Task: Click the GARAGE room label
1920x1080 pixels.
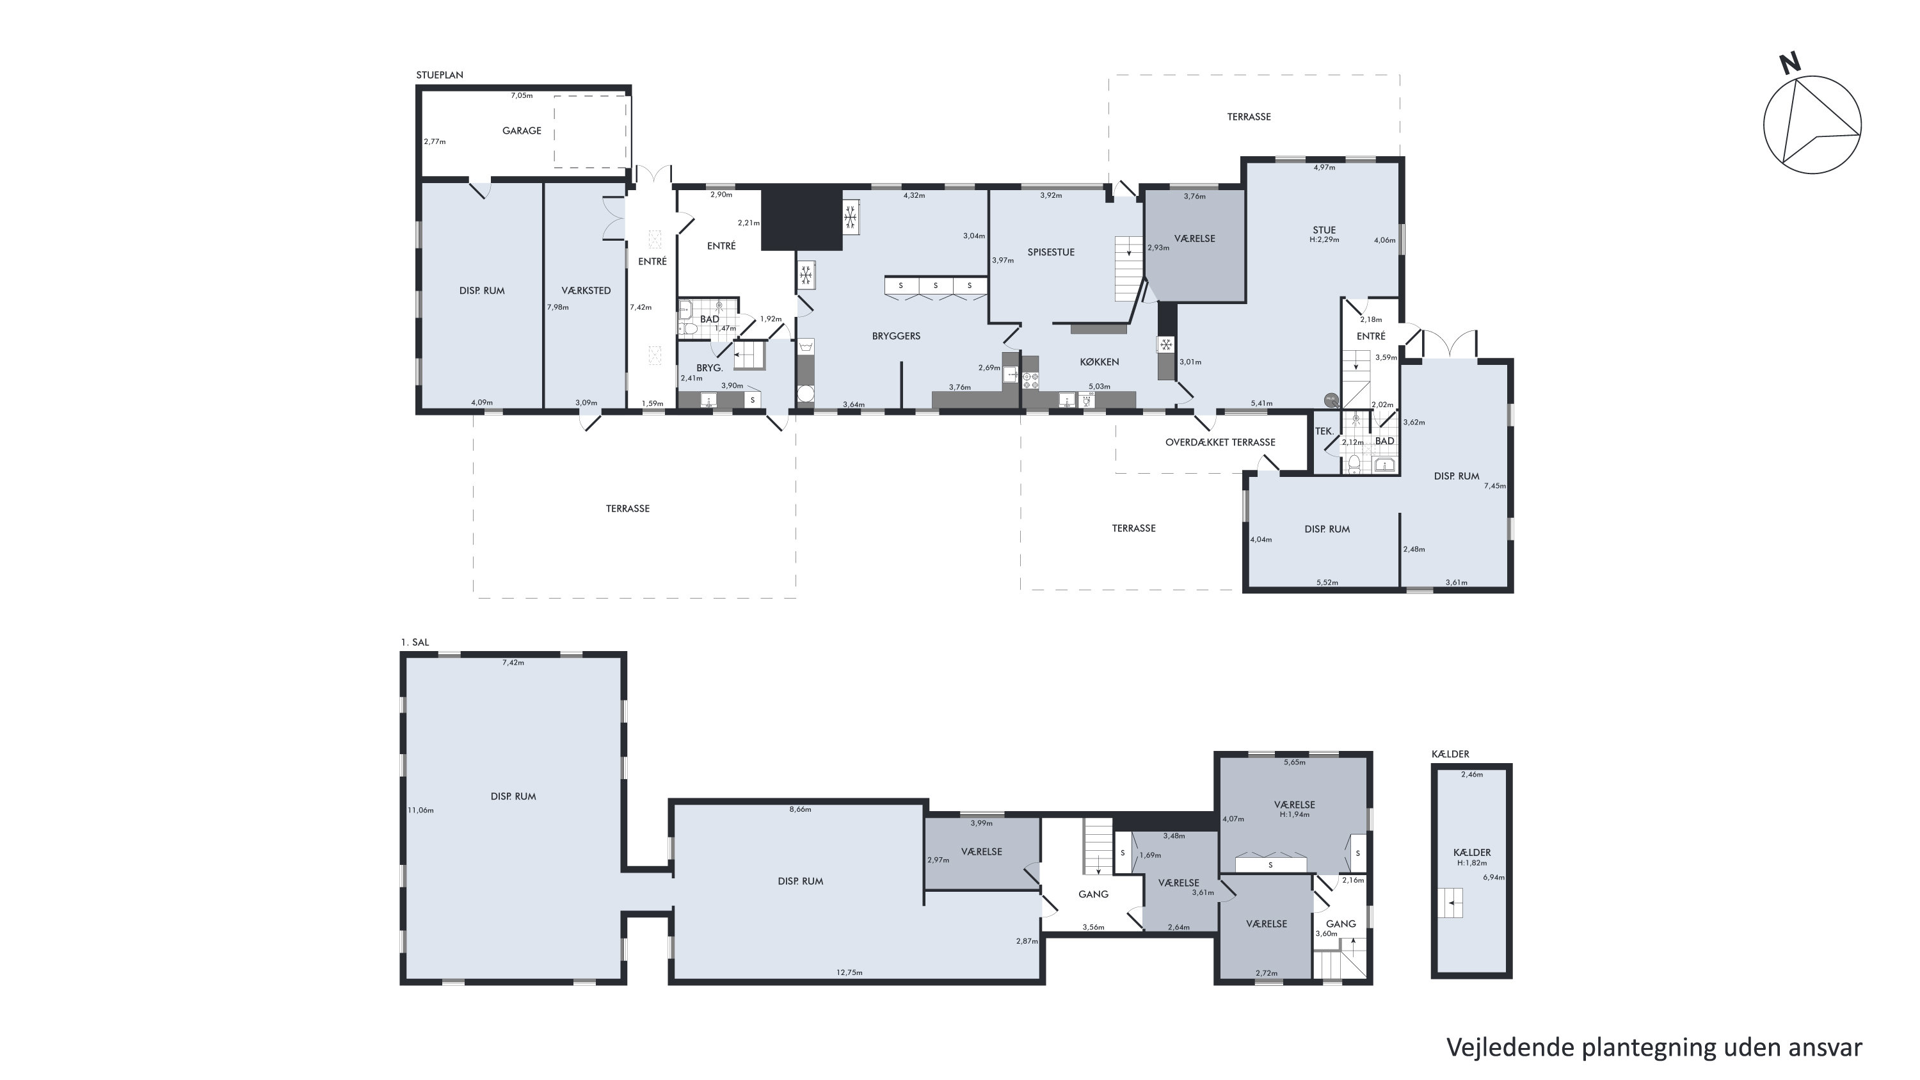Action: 521,131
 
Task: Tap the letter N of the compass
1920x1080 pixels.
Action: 1789,64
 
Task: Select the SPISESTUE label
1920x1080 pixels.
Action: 1051,252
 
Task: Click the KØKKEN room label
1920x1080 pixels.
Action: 1100,362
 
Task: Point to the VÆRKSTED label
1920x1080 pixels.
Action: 587,291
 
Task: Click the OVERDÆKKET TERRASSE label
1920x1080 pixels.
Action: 1220,442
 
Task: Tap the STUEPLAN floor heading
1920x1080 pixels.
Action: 440,76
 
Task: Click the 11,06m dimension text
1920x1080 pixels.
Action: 420,810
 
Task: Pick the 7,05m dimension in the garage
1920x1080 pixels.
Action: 522,95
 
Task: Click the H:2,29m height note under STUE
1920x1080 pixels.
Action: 1324,240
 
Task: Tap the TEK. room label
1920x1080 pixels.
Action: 1324,431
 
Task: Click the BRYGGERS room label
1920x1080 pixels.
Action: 896,336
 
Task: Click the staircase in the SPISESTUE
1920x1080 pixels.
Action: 1129,268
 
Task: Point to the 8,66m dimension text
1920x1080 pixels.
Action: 800,809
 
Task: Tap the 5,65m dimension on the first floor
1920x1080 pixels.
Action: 1295,762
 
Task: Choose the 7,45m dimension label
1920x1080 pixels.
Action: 1494,486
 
